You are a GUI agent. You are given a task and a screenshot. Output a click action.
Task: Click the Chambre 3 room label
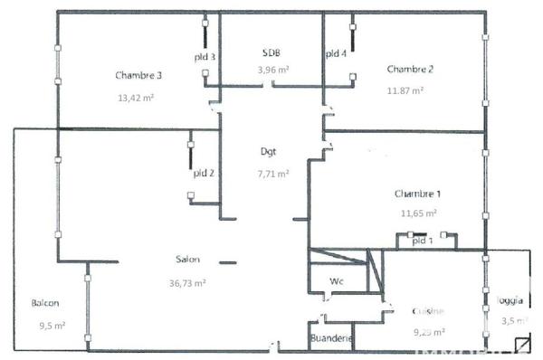tap(139, 75)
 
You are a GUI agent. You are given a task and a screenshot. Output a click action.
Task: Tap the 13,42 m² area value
tap(135, 98)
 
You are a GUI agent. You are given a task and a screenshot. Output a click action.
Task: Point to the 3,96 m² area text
tap(272, 70)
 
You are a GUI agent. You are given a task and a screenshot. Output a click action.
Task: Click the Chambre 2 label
tap(410, 70)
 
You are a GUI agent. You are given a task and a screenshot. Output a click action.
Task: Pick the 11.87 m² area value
tap(406, 90)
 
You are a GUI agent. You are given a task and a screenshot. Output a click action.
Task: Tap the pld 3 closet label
tap(205, 57)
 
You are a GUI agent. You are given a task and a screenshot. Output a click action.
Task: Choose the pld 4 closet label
tap(336, 54)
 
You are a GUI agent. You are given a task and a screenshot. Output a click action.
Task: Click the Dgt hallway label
tap(269, 152)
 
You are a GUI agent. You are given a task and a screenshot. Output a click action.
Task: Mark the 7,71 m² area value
tap(272, 174)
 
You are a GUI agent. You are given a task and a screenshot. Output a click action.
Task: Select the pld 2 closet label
tap(203, 173)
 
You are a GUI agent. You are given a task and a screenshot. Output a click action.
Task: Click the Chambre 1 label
tap(418, 194)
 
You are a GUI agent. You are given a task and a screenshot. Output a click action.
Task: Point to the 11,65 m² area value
tap(419, 213)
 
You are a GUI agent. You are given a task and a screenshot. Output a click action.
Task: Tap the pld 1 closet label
tap(423, 242)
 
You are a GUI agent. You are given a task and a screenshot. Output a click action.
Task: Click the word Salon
tap(188, 260)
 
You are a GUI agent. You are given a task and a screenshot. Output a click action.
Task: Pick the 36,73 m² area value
tap(188, 282)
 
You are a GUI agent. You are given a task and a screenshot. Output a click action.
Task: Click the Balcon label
tap(46, 302)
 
